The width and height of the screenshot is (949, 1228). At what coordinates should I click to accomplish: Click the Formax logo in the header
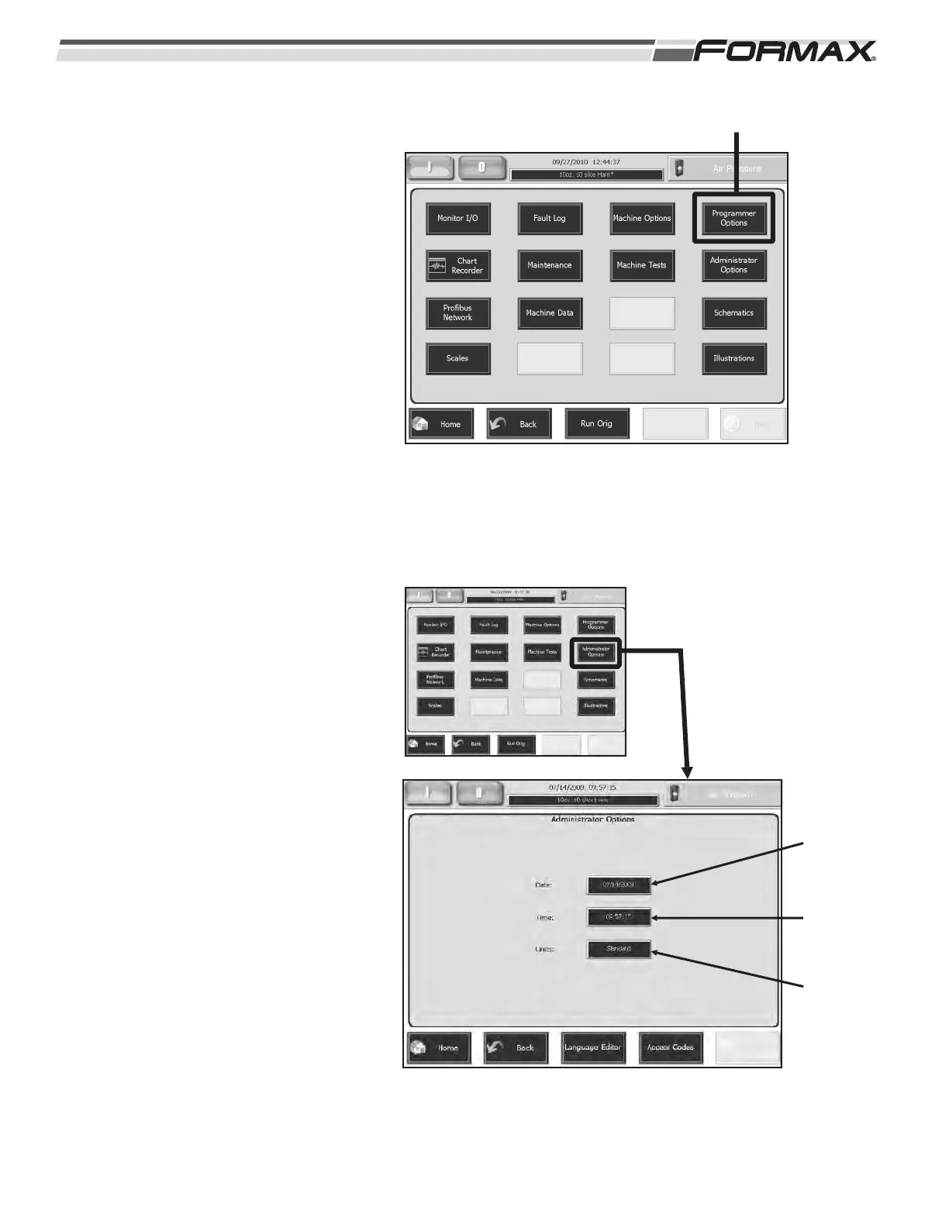(785, 52)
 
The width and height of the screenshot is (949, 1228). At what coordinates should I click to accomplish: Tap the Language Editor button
(592, 1047)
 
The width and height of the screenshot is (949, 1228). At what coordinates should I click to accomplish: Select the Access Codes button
(671, 1047)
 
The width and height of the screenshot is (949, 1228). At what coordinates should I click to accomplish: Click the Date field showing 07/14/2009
(618, 884)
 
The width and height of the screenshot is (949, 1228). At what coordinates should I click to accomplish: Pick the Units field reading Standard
(618, 949)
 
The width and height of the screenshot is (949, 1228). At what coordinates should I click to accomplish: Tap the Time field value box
(618, 917)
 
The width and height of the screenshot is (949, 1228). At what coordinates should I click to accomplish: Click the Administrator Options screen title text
(592, 819)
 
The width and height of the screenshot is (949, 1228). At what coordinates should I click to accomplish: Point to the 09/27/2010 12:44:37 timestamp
(586, 163)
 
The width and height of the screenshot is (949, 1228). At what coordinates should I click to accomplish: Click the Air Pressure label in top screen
(737, 168)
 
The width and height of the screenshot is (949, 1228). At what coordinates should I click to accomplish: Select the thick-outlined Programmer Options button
(733, 218)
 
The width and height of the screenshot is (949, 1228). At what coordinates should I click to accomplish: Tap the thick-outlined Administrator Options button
(595, 652)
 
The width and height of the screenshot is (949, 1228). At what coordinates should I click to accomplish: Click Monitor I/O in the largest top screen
(457, 219)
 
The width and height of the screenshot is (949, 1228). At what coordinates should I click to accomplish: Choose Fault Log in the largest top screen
(549, 219)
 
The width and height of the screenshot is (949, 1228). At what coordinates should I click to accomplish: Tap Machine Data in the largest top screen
(549, 313)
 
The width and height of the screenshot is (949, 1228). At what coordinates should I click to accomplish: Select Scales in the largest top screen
(457, 359)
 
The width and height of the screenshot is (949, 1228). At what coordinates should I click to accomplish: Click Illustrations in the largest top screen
(733, 359)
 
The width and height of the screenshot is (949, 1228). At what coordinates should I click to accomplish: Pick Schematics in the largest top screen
(733, 313)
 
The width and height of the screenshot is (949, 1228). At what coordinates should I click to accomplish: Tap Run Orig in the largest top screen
(596, 424)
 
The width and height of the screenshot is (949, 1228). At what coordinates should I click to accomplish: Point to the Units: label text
(544, 949)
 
